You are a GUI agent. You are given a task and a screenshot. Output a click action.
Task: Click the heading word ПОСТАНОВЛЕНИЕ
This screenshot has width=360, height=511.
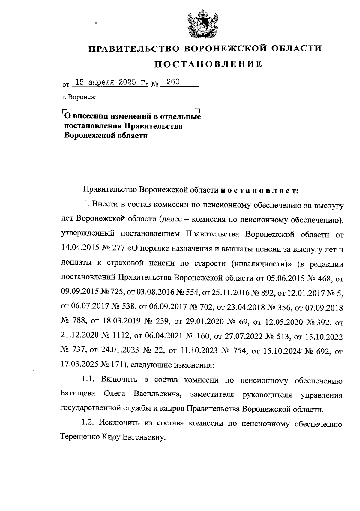[208, 64]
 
